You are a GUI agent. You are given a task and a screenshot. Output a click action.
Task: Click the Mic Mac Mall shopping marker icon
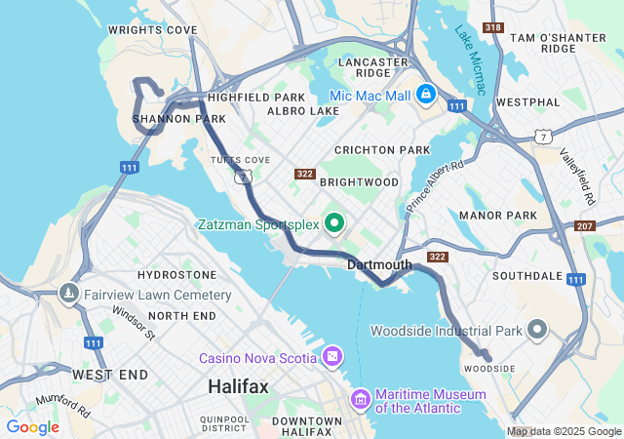point(425,95)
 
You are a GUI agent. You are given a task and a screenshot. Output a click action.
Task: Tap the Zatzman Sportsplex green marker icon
point(334,224)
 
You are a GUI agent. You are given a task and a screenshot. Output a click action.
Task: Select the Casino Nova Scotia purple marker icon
point(333,357)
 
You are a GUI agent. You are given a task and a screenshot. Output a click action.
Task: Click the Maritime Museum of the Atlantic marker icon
point(360,399)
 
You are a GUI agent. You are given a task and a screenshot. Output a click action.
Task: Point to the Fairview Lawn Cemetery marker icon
point(69,294)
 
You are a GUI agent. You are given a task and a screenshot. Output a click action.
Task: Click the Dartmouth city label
point(379,264)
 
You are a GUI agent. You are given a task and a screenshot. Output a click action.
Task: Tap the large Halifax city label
point(238,387)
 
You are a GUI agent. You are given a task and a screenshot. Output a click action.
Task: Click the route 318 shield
point(492,27)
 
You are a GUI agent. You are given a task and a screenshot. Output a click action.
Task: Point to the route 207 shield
point(585,226)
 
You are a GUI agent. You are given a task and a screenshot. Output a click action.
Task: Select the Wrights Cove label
point(152,30)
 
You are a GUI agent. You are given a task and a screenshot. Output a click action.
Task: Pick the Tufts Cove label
point(239,159)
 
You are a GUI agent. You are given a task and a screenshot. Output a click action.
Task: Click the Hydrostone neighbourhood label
point(176,276)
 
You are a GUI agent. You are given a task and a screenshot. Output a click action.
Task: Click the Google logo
point(32,427)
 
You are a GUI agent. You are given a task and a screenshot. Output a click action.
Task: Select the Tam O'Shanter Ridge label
point(559,42)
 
